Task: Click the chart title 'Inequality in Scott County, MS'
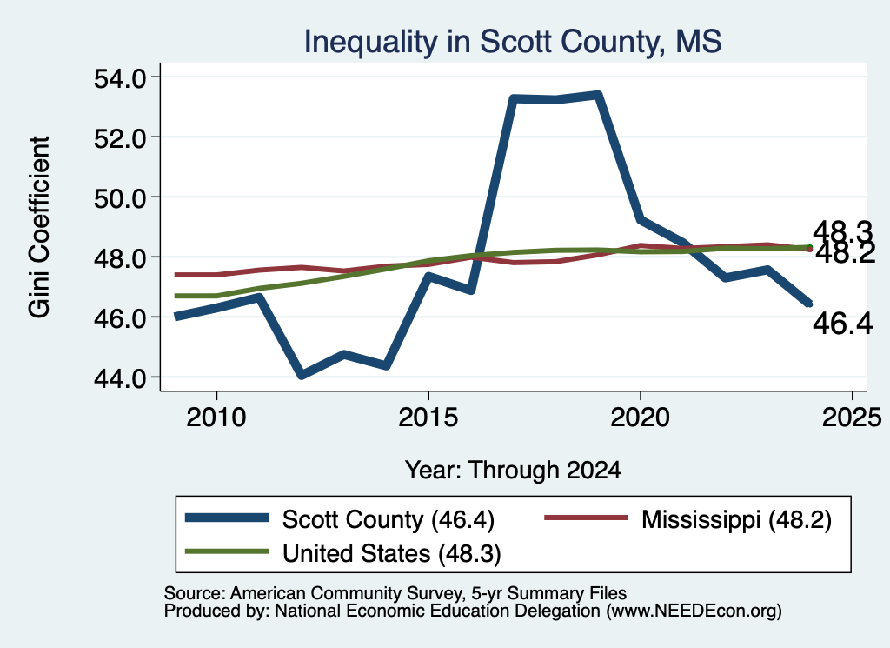tap(513, 42)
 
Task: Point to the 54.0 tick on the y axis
tap(120, 77)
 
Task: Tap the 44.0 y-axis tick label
tap(120, 377)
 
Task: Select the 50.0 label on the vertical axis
tap(120, 198)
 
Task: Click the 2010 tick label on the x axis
tap(216, 418)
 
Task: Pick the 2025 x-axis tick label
tap(852, 418)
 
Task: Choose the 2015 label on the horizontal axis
tap(428, 418)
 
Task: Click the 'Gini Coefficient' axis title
tap(40, 227)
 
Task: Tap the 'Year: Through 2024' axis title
tap(513, 471)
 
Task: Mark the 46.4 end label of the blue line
tap(842, 324)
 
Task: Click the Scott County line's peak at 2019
tap(598, 95)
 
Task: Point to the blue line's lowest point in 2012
tap(302, 374)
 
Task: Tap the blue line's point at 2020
tap(641, 220)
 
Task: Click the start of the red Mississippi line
tap(176, 275)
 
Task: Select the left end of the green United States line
tap(176, 296)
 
